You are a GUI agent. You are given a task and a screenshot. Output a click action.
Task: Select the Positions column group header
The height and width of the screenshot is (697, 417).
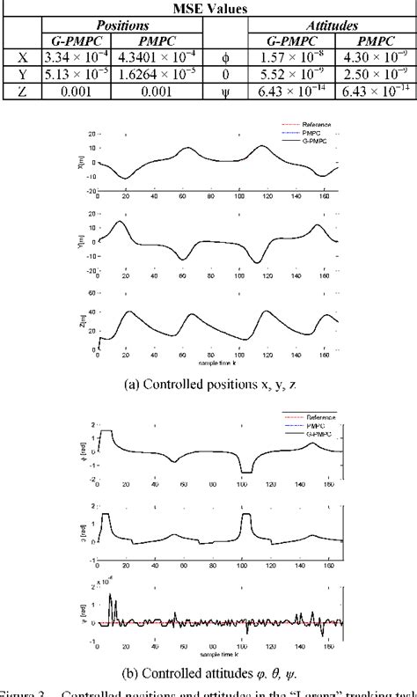tap(122, 26)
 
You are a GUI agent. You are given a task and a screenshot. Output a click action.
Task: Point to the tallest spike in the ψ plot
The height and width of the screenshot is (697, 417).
tap(110, 596)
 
